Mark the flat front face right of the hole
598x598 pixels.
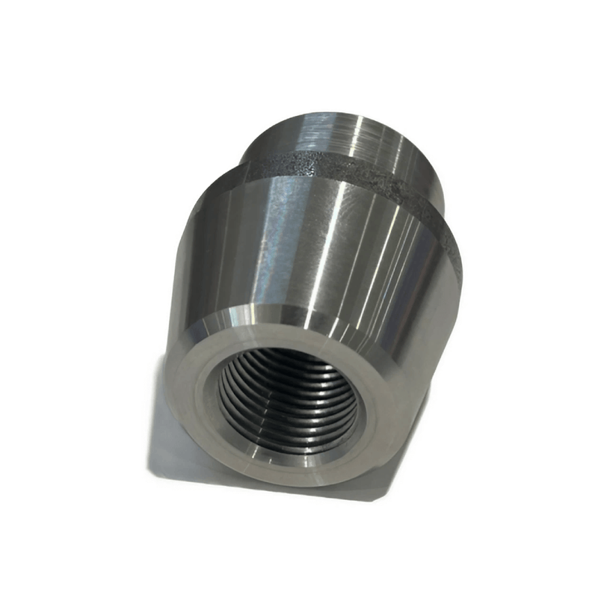(381, 419)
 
